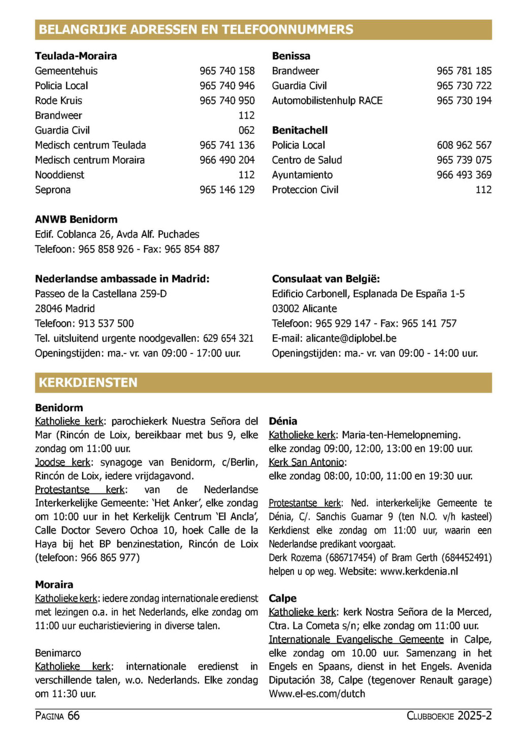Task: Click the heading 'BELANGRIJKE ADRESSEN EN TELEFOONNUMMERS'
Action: pos(196,29)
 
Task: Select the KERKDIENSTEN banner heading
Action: pos(88,382)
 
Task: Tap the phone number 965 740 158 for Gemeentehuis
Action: pos(227,71)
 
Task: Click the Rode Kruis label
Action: pos(58,100)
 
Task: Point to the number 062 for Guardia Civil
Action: pos(246,130)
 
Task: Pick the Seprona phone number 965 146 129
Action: pos(227,190)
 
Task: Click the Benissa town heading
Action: pos(291,56)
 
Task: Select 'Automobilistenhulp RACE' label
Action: pos(327,100)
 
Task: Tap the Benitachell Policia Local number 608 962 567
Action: pos(464,145)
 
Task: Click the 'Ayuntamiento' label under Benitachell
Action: pos(302,175)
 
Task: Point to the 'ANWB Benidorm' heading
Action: pos(76,220)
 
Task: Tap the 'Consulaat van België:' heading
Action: pos(326,279)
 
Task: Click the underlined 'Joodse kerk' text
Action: pos(62,462)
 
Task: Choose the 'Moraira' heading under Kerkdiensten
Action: pos(54,584)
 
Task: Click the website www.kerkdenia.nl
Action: pos(419,571)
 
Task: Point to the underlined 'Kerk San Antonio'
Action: pos(307,462)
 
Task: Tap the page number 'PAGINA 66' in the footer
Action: pos(57,716)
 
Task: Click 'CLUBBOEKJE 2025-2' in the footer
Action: pos(449,716)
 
